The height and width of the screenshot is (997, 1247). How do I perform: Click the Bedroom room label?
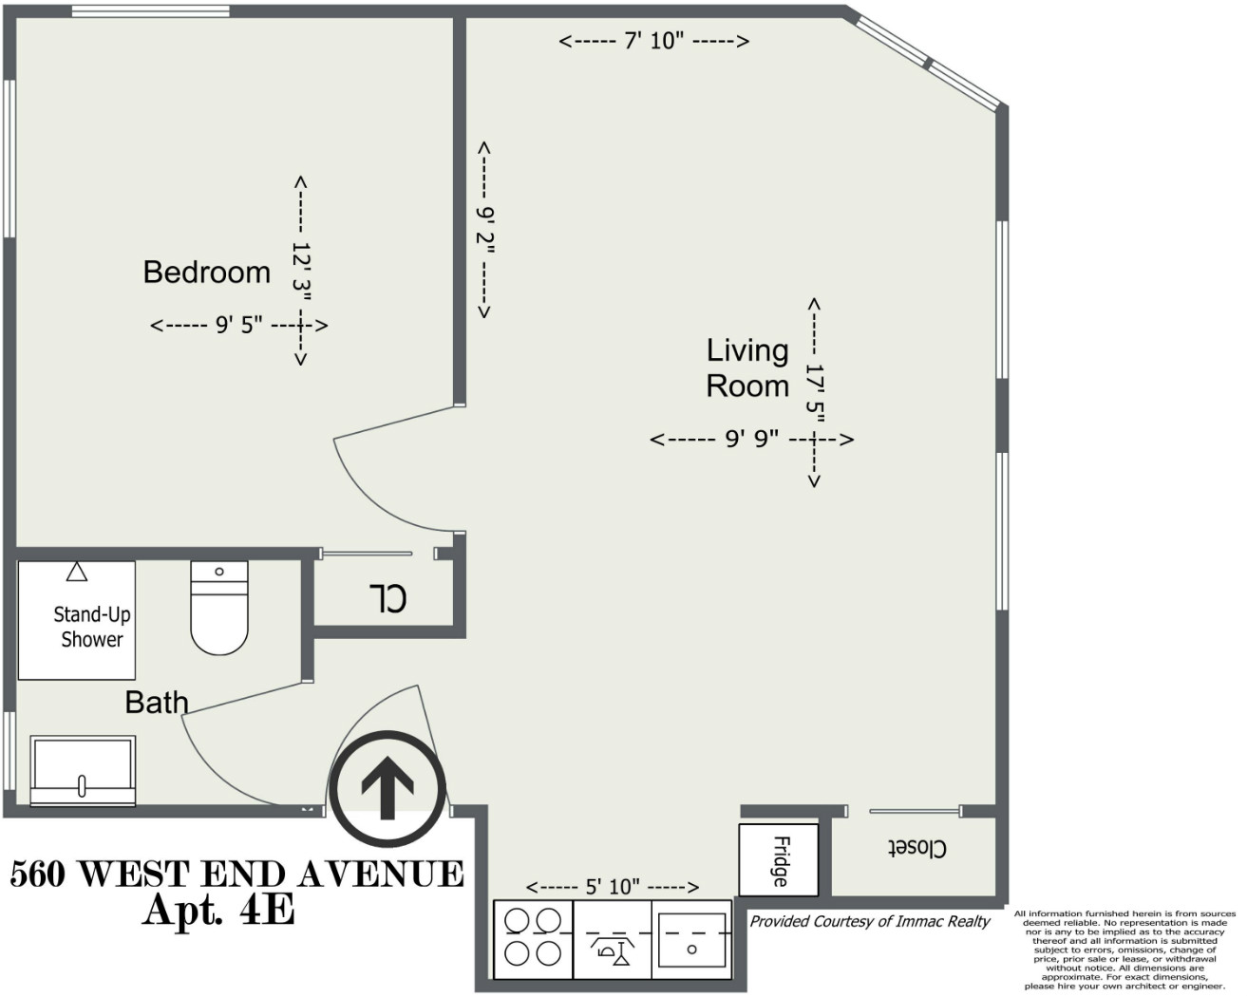pos(206,273)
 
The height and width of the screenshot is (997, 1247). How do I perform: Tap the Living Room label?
pos(747,368)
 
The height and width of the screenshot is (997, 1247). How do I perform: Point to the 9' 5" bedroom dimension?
pos(238,326)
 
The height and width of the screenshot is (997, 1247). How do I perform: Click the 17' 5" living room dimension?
pos(815,391)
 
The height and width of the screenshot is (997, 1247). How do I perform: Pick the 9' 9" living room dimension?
pos(751,439)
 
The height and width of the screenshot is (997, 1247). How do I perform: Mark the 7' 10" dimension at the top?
pos(653,41)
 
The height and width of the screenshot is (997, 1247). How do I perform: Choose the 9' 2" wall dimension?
pos(485,231)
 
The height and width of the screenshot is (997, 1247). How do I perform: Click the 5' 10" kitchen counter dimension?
pos(613,887)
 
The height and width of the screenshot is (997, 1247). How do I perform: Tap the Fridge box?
pos(779,860)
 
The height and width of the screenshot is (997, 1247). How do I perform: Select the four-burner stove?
pos(533,938)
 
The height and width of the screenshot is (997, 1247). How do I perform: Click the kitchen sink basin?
pos(691,940)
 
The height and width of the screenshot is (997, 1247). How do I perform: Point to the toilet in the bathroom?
pos(219,608)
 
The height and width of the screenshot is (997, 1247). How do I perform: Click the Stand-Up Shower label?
pos(91,627)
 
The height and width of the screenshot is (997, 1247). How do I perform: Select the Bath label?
pos(157,703)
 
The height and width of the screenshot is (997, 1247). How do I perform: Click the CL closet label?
pos(387,598)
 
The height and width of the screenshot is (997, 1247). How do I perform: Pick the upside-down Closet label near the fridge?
pos(916,848)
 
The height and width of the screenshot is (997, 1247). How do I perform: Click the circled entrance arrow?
pos(387,789)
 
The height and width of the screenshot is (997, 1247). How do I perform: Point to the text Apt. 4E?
pos(218,911)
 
